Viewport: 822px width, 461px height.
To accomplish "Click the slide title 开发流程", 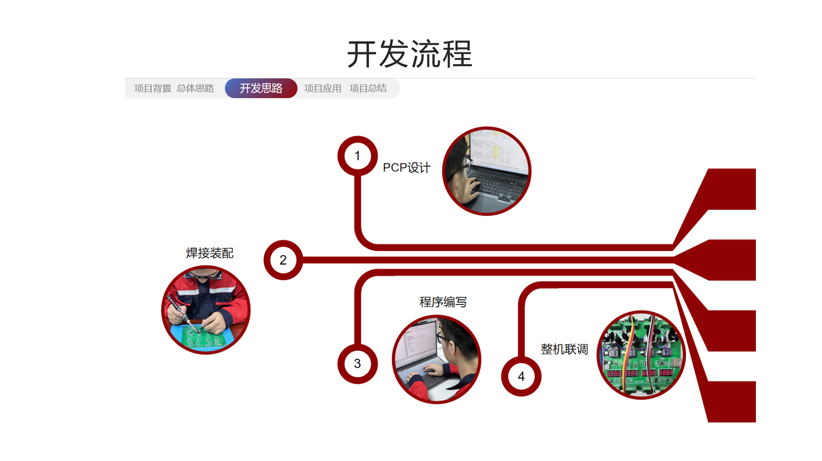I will [x=410, y=54].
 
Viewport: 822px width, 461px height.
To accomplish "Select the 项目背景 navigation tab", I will [x=153, y=88].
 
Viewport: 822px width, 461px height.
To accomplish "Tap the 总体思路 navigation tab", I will [x=195, y=88].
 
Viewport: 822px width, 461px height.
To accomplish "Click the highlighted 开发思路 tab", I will [x=261, y=88].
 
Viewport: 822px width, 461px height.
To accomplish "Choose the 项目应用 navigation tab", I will [x=323, y=88].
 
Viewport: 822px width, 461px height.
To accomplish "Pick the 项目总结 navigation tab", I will [x=368, y=88].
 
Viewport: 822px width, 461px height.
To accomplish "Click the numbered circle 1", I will [x=358, y=156].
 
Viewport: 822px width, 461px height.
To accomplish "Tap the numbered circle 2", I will [x=283, y=260].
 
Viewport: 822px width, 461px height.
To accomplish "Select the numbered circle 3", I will [x=358, y=364].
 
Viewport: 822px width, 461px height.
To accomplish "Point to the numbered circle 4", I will [x=521, y=376].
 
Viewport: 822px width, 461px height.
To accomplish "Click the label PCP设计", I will [x=406, y=168].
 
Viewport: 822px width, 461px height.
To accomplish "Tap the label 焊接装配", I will [x=210, y=253].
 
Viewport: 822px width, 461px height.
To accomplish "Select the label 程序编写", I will [x=443, y=302].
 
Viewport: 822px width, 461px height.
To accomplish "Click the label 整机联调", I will [x=564, y=349].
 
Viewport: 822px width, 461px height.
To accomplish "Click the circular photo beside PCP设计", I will [x=486, y=171].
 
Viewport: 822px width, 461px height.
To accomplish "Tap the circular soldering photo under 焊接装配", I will [x=206, y=310].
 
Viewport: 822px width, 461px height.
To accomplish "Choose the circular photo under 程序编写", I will [x=436, y=359].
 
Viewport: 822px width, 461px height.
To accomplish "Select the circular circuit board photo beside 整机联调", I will [x=641, y=355].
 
